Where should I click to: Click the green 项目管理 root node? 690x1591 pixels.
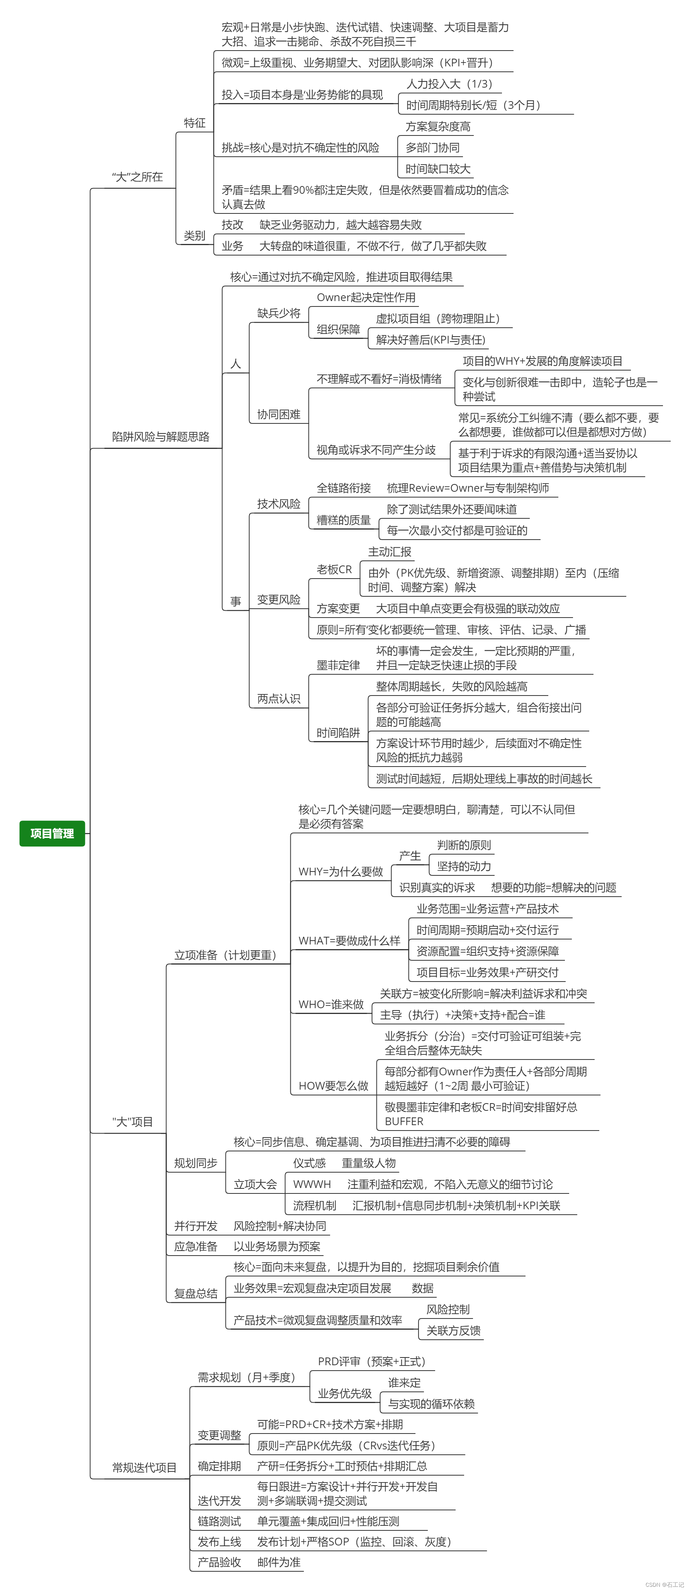(x=52, y=833)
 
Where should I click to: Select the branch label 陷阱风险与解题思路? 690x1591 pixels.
(x=161, y=437)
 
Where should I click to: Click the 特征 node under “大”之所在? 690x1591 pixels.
(x=195, y=123)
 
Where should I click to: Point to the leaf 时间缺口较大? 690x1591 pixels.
(x=438, y=169)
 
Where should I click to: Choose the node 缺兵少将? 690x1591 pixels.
(x=279, y=313)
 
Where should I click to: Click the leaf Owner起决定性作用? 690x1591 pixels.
(x=366, y=297)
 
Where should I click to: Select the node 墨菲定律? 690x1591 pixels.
(x=338, y=665)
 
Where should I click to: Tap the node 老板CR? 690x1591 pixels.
(x=334, y=569)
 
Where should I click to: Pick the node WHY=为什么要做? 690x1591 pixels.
(x=341, y=872)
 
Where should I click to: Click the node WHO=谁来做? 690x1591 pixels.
(x=331, y=1004)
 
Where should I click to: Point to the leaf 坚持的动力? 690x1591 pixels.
(x=464, y=866)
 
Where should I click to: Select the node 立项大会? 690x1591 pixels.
(x=255, y=1184)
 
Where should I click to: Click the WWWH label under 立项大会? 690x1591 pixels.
(x=312, y=1184)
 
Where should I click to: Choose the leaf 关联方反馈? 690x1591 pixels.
(x=453, y=1330)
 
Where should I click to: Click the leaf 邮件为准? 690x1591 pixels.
(x=279, y=1562)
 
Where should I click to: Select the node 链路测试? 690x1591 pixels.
(x=219, y=1521)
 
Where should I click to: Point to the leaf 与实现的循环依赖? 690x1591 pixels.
(x=431, y=1404)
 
